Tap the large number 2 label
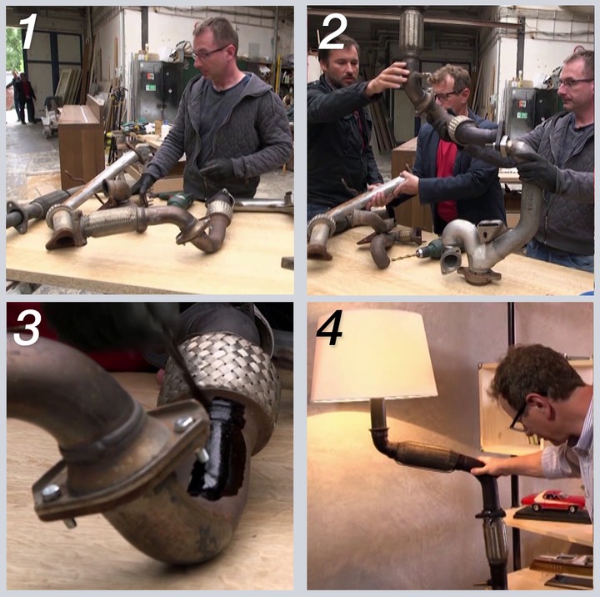[332, 32]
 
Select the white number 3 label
[27, 329]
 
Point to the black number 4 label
[330, 329]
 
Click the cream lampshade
[373, 355]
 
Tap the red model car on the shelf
[553, 501]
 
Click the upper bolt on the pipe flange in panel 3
[183, 424]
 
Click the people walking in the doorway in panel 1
[23, 97]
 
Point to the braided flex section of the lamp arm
[424, 456]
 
